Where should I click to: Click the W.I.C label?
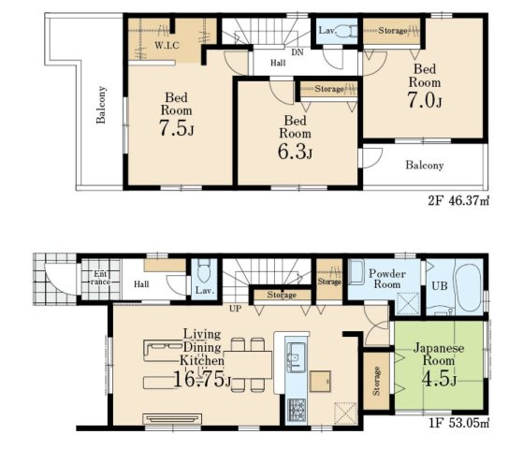(167, 45)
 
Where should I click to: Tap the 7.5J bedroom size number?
(176, 128)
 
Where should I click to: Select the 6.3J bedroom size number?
(296, 152)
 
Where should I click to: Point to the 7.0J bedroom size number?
(424, 100)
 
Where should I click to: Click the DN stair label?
(298, 52)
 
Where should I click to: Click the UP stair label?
(236, 309)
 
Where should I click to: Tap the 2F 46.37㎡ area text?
(458, 201)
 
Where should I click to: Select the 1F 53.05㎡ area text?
(459, 423)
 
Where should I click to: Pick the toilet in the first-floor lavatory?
(204, 271)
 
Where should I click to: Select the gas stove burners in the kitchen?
(297, 410)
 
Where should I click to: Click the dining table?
(248, 364)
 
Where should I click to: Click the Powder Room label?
(387, 279)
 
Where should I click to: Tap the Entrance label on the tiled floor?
(100, 278)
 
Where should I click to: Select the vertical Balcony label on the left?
(101, 105)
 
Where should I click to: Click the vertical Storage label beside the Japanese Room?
(376, 381)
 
